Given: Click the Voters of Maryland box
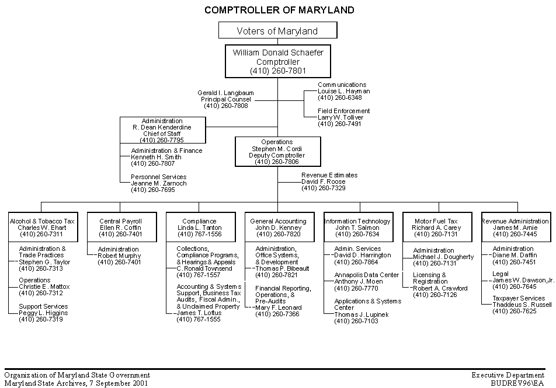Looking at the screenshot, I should pos(277,31).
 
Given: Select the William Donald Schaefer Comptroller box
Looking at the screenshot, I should pos(277,61).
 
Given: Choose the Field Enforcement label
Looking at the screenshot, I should pos(343,111).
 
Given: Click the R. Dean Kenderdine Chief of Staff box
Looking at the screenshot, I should pos(162,130).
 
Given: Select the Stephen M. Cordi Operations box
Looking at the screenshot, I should pos(277,152).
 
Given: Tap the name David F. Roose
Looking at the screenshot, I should pos(324,181).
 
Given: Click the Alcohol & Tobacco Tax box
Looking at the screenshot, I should pos(42,228).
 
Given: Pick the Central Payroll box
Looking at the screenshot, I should pos(120,228).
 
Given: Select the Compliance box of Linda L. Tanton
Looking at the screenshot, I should pos(199,228).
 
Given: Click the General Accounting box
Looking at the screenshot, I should pos(278,228).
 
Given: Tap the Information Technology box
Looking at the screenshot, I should pos(357,228).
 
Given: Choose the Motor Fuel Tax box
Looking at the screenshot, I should pos(436,228).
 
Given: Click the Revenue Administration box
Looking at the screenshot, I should pos(515,228).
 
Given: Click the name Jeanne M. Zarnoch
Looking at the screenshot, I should pos(158,183).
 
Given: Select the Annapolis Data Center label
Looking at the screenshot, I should pos(366,275).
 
